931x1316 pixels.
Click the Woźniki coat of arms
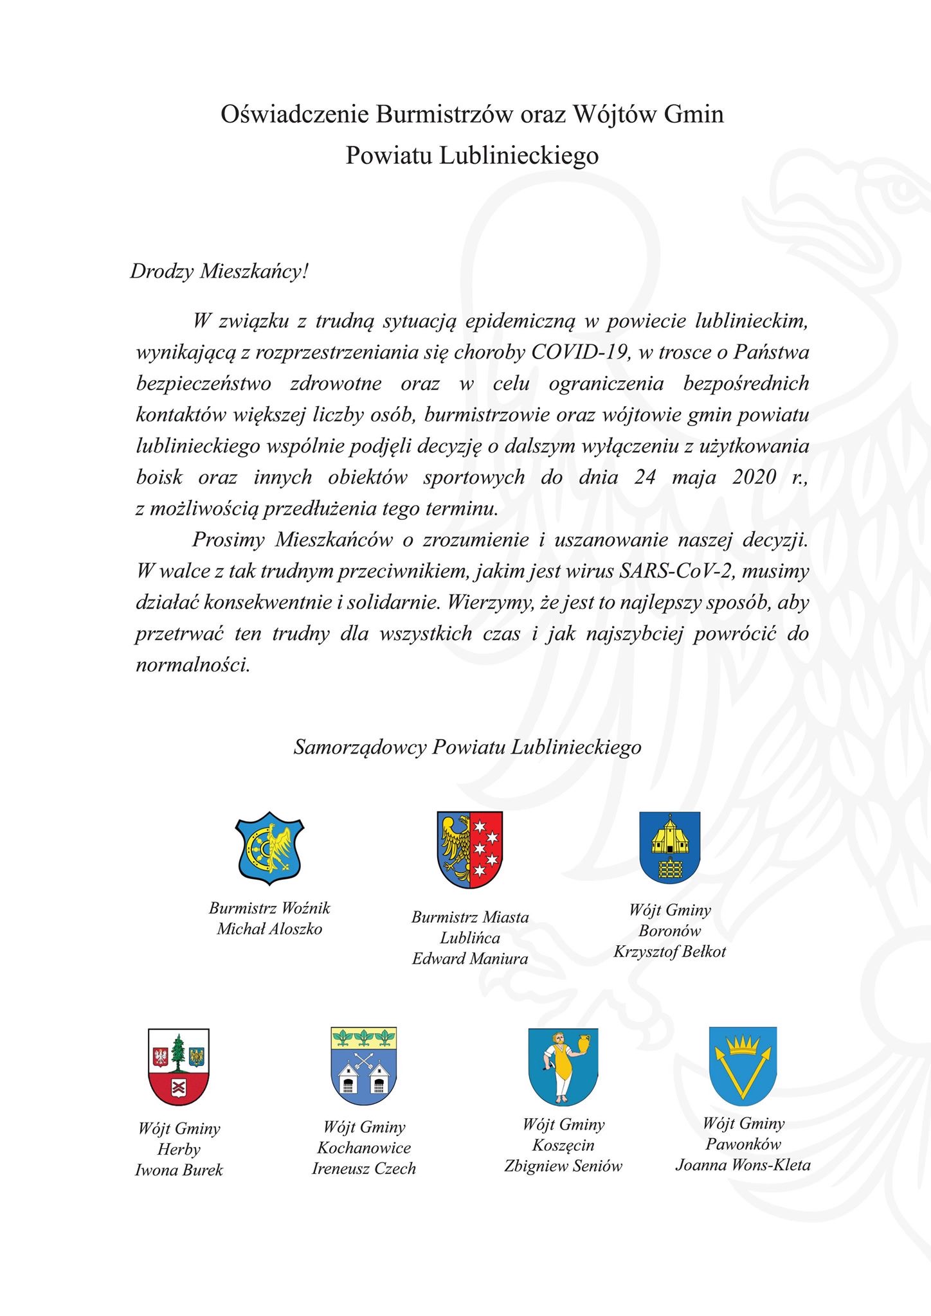[269, 849]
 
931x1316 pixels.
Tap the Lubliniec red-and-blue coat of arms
[470, 849]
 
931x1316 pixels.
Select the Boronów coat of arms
[669, 848]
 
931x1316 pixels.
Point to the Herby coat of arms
[178, 1067]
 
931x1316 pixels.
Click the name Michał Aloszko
[269, 929]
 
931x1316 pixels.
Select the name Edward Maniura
[470, 959]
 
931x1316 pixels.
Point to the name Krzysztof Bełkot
[669, 952]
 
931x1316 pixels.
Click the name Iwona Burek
[179, 1170]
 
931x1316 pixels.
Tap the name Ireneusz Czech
[364, 1169]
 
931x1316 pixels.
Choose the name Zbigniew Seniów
[563, 1166]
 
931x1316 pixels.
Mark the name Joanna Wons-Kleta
[743, 1165]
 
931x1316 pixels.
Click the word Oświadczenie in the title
[295, 114]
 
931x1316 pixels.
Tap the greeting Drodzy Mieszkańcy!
[219, 271]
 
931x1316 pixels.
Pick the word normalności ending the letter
[192, 664]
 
